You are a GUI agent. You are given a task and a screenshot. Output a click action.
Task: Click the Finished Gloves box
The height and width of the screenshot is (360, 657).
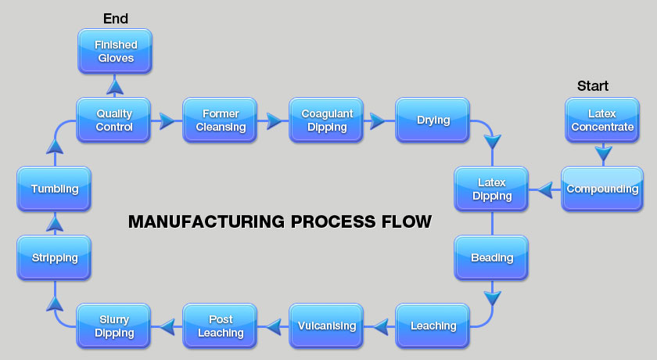(x=114, y=51)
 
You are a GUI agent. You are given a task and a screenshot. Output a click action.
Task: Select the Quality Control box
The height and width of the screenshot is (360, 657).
(x=114, y=120)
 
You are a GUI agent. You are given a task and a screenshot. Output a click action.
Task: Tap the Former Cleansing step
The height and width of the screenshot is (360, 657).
(x=221, y=120)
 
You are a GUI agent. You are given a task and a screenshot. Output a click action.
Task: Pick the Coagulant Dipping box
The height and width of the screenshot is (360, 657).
(x=327, y=120)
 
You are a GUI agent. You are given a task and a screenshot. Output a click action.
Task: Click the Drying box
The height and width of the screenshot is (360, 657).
(x=433, y=120)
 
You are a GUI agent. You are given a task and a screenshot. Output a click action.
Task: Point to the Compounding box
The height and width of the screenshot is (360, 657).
(x=602, y=189)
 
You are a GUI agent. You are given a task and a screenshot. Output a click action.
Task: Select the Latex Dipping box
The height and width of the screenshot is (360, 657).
(x=492, y=189)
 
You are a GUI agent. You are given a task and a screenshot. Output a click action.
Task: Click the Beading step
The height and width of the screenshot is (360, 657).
(x=492, y=257)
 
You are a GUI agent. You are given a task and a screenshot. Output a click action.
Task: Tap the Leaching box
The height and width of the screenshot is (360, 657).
(x=433, y=326)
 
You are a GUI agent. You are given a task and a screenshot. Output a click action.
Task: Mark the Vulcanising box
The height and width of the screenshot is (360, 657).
(x=327, y=326)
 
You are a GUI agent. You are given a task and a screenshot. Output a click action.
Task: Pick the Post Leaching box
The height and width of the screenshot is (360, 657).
(x=221, y=326)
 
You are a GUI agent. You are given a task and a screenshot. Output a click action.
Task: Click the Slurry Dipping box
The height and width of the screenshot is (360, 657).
(x=114, y=326)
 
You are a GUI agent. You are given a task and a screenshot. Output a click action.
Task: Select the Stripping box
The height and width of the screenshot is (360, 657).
(x=55, y=257)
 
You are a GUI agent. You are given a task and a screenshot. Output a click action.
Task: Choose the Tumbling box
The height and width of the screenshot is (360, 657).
(x=55, y=189)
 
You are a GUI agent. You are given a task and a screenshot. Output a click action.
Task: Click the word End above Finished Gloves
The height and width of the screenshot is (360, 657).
(x=115, y=18)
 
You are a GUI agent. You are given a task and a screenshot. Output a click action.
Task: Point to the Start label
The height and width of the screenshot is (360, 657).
(x=592, y=86)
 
